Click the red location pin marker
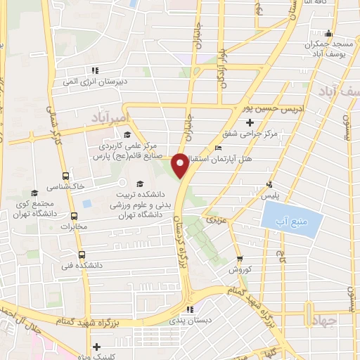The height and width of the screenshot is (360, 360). tap(180, 165)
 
